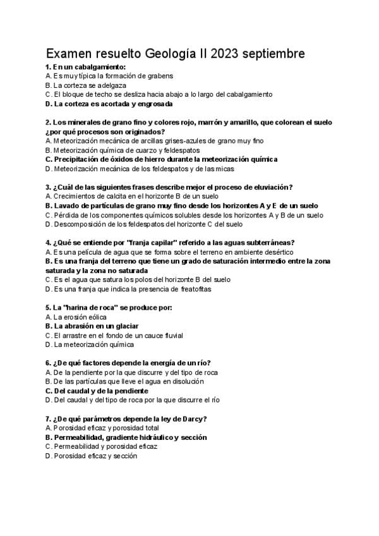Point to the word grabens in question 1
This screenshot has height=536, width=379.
point(157,76)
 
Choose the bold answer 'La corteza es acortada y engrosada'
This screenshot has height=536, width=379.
point(109,104)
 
